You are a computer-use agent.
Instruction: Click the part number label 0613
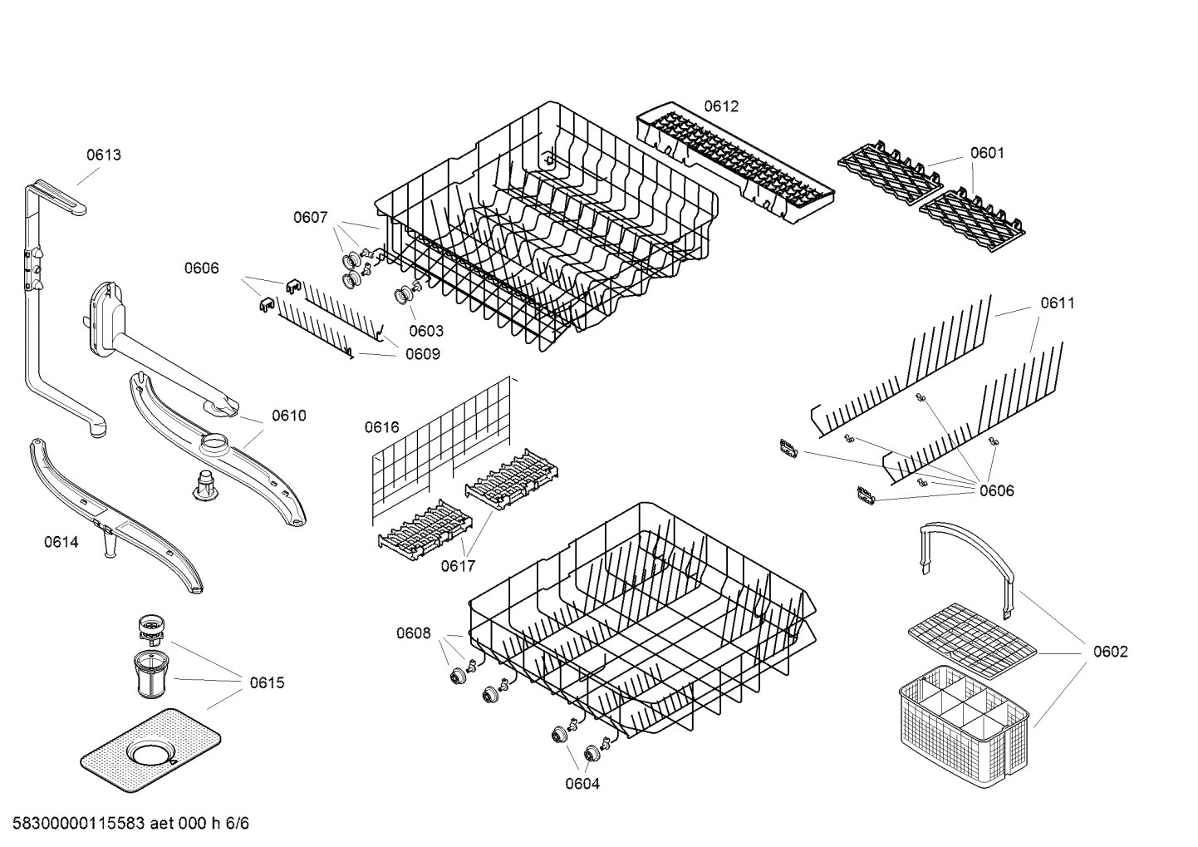104,155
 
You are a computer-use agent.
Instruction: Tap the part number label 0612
721,106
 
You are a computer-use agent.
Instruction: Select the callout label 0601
987,153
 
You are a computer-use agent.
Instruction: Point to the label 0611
1058,303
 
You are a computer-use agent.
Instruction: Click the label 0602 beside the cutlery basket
1110,652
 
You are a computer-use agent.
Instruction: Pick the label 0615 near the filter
267,683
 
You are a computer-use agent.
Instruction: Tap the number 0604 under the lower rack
582,784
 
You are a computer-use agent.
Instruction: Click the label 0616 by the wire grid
381,427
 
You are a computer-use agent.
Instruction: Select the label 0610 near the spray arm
288,416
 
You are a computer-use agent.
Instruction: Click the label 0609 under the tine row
423,354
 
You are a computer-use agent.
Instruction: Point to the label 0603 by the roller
426,331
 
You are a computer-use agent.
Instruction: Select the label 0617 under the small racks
458,566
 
